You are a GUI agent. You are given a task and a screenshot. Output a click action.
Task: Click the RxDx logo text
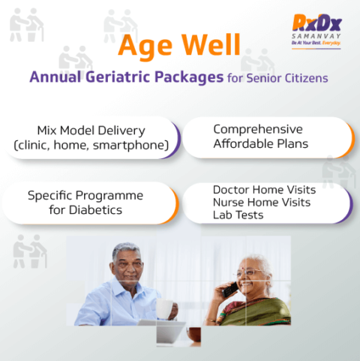(317, 23)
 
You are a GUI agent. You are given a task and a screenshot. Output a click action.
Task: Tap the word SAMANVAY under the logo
(316, 36)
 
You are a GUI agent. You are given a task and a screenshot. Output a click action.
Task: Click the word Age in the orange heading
(145, 47)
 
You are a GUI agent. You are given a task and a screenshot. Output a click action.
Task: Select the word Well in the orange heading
(211, 45)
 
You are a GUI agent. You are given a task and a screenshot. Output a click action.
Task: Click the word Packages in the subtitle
(189, 77)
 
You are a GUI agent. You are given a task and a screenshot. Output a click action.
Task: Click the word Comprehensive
(258, 130)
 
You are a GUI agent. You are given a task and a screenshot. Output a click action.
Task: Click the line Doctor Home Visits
(264, 190)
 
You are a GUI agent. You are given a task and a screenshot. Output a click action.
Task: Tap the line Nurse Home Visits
(262, 203)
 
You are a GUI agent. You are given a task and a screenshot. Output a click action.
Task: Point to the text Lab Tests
(238, 215)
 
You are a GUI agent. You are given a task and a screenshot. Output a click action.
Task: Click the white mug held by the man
(165, 308)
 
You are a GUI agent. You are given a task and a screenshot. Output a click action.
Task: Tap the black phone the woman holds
(229, 290)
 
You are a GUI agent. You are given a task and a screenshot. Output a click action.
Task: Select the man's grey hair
(126, 250)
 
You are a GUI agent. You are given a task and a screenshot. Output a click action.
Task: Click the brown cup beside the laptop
(194, 335)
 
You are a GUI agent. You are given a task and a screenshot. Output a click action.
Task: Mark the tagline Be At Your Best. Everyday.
(316, 43)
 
